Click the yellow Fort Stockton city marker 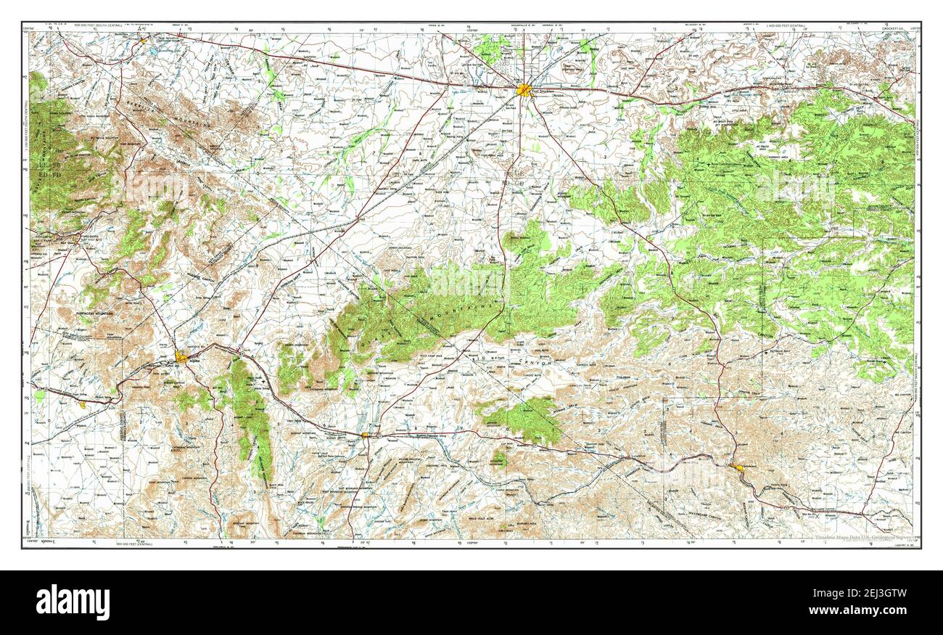523,90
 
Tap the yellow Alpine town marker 181,356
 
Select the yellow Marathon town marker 366,435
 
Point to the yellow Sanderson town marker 738,468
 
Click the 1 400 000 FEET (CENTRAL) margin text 787,27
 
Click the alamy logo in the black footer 73,602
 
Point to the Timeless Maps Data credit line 860,538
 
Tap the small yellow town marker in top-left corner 143,41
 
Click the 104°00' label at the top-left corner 29,27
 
